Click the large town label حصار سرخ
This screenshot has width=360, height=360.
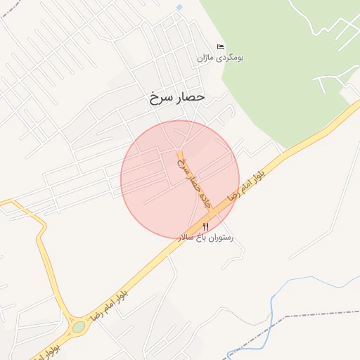coord(176,97)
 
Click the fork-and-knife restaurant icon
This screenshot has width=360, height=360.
coord(205,226)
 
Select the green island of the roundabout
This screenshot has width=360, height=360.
coord(78,327)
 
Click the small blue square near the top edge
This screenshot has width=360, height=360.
coord(179,7)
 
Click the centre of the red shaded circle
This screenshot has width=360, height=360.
coord(180,179)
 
